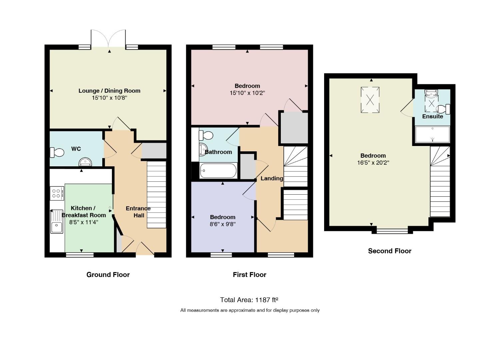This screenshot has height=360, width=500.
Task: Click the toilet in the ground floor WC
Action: point(57,152)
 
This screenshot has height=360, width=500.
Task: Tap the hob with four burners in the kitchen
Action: point(57,193)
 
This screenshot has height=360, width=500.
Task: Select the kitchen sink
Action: point(57,222)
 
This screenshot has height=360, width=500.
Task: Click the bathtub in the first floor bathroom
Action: point(218,171)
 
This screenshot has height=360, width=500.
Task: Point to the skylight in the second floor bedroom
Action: point(370,100)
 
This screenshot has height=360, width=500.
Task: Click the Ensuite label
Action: point(433,116)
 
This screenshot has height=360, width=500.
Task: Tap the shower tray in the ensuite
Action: point(432,134)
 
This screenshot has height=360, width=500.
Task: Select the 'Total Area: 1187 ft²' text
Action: point(249,300)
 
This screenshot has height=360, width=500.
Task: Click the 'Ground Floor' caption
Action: point(108,274)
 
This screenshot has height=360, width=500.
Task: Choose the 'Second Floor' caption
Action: point(390,251)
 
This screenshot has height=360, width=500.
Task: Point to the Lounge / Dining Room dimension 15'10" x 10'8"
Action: point(109,98)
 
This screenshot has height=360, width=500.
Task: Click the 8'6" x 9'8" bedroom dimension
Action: point(223,224)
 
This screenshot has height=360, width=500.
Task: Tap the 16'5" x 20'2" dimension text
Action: point(373,163)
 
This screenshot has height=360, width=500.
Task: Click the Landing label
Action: point(272,178)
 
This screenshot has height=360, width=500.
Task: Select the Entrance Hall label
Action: point(138,212)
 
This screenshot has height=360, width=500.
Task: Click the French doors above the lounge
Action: point(108,38)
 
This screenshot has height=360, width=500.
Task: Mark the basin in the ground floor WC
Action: point(85,162)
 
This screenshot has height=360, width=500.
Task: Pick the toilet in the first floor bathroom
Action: point(206,135)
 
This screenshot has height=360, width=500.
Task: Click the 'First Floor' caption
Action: point(250,274)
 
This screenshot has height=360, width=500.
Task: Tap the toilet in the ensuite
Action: point(443,109)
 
